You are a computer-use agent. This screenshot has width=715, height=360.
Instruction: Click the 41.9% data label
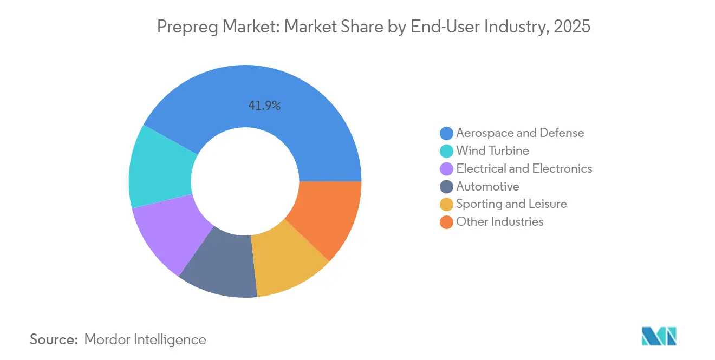[x=264, y=106]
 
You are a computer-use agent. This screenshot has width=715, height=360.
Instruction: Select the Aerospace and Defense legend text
[x=520, y=133]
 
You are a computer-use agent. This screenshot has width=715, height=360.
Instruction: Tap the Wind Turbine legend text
[x=492, y=150]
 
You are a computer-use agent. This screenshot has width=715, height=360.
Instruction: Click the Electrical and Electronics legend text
[x=524, y=168]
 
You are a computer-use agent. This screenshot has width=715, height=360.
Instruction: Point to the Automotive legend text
[x=487, y=186]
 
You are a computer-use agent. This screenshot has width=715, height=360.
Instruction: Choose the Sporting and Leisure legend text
[x=511, y=204]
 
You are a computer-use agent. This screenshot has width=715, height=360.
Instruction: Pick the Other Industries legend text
[x=499, y=222]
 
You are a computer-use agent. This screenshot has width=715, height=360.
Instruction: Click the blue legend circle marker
[x=446, y=133]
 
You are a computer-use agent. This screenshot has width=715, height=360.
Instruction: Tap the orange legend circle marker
[x=446, y=222]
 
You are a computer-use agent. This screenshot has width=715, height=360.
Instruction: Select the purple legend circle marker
[x=446, y=169]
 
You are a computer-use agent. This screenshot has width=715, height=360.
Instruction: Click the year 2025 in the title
[x=573, y=27]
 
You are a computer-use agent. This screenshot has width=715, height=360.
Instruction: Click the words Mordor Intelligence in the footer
[x=145, y=340]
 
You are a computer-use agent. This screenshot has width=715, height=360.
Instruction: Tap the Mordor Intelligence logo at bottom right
[x=659, y=336]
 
